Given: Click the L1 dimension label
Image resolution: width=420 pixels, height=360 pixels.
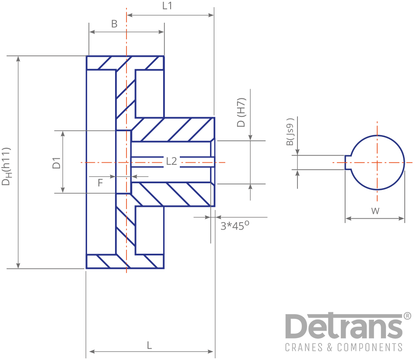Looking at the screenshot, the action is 167,6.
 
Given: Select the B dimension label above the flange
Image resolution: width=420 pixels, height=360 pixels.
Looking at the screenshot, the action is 114,24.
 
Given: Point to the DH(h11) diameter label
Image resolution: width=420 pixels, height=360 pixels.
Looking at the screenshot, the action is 6,166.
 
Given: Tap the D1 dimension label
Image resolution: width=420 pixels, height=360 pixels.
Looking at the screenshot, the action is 56,163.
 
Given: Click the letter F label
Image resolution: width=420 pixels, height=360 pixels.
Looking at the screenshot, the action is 100,183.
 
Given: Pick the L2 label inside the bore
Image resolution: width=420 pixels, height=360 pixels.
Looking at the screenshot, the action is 171,161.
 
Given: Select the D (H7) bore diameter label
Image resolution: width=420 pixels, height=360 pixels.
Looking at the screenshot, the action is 241,112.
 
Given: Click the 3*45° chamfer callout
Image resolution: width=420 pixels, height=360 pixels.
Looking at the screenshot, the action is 234,226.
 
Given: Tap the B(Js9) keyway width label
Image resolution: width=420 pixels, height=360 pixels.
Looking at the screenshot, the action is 290,132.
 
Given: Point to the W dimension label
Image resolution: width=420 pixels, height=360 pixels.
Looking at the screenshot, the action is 375,211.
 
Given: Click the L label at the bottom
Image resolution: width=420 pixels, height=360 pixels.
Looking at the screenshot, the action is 150,345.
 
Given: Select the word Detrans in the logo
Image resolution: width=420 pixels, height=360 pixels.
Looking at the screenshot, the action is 344,326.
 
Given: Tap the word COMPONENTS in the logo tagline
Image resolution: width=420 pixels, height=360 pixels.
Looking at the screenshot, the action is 370,347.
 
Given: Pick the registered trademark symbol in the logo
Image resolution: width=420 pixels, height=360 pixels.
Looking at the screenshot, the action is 407,316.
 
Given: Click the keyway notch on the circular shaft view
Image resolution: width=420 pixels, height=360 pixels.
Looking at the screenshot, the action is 348,162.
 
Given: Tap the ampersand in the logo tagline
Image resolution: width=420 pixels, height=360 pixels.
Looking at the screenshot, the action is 330,347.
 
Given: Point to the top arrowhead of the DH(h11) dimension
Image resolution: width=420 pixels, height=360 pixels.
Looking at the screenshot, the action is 18,59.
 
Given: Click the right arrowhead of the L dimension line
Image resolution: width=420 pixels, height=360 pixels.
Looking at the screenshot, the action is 210,351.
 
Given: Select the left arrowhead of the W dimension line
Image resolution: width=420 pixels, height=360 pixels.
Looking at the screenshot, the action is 348,219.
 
